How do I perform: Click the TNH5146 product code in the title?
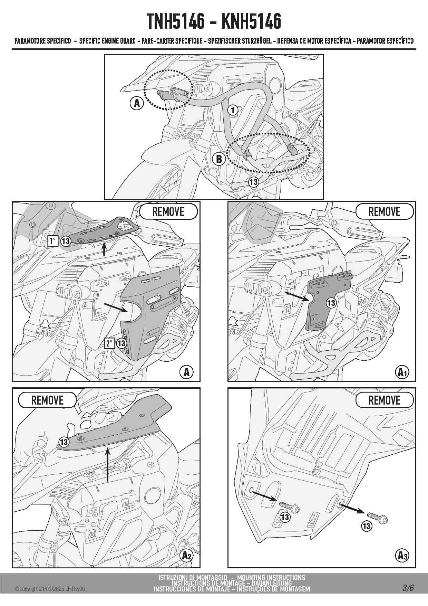176,21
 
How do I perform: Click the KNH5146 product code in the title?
251,21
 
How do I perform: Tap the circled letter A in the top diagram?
137,103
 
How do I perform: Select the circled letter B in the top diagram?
219,159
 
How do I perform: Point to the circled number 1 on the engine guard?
233,110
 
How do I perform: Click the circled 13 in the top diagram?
253,182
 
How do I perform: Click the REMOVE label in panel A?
168,211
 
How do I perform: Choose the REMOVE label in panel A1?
384,211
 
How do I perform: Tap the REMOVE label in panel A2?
47,400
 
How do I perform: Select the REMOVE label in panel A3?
384,400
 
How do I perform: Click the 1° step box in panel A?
52,241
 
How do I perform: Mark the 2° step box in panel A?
110,343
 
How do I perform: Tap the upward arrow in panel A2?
108,464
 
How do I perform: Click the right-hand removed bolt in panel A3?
377,518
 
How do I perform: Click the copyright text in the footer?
50,589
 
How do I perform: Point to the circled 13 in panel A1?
331,303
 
